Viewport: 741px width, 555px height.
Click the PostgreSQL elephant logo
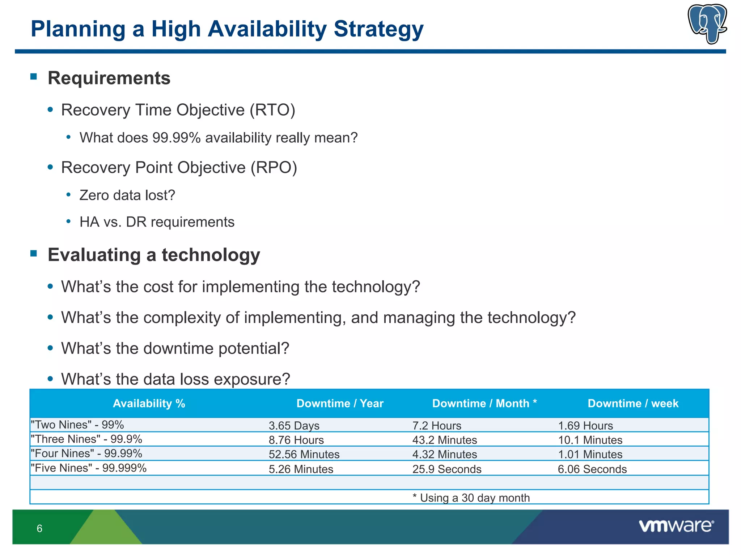click(x=707, y=24)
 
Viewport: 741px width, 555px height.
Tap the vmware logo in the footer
click(x=676, y=526)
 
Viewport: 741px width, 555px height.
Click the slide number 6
click(x=39, y=528)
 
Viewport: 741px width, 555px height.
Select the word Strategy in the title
click(x=378, y=29)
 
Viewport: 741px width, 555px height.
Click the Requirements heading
click(x=109, y=78)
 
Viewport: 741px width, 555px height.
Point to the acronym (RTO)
click(x=272, y=110)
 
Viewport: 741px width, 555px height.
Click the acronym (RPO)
click(x=274, y=168)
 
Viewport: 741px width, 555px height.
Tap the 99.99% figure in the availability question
click(x=177, y=138)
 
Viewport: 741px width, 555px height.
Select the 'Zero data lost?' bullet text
click(x=127, y=195)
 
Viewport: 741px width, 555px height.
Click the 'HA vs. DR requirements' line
click(x=157, y=222)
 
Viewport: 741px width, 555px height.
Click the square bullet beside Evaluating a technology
click(x=34, y=253)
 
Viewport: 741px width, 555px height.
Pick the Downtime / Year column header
click(x=340, y=403)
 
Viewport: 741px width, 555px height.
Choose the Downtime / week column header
click(x=633, y=403)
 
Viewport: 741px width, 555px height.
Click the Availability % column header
click(x=149, y=403)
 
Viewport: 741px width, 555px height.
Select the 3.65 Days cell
click(x=294, y=426)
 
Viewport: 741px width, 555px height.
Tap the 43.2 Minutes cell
click(x=444, y=440)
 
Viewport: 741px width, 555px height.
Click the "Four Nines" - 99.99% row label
click(x=86, y=453)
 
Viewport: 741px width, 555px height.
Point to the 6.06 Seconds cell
click(x=592, y=469)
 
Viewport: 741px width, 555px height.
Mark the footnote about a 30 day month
click(x=471, y=498)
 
